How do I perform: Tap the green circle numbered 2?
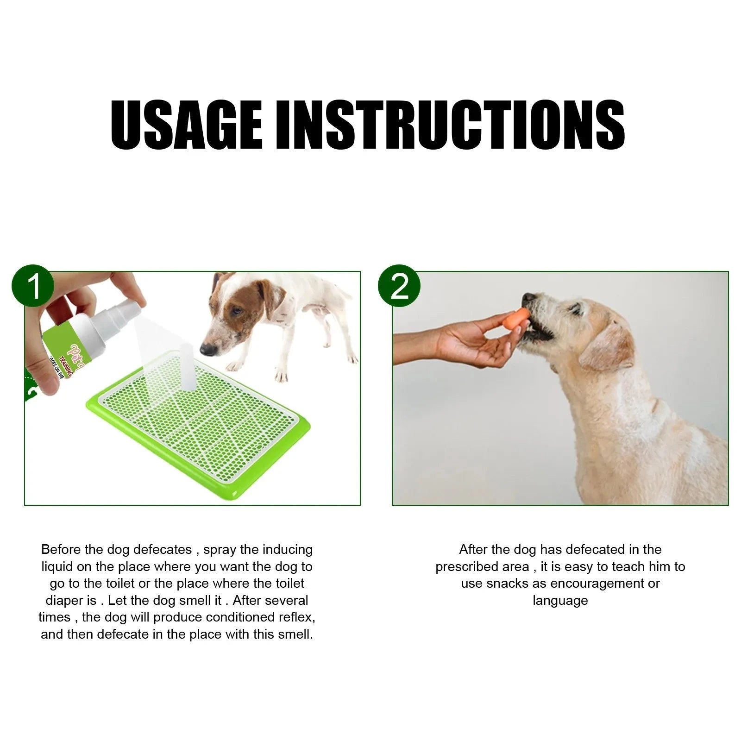399,286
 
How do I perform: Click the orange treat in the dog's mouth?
515,320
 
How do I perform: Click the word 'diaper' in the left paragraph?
64,601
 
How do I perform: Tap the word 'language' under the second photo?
560,601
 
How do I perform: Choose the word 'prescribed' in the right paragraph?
482,567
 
